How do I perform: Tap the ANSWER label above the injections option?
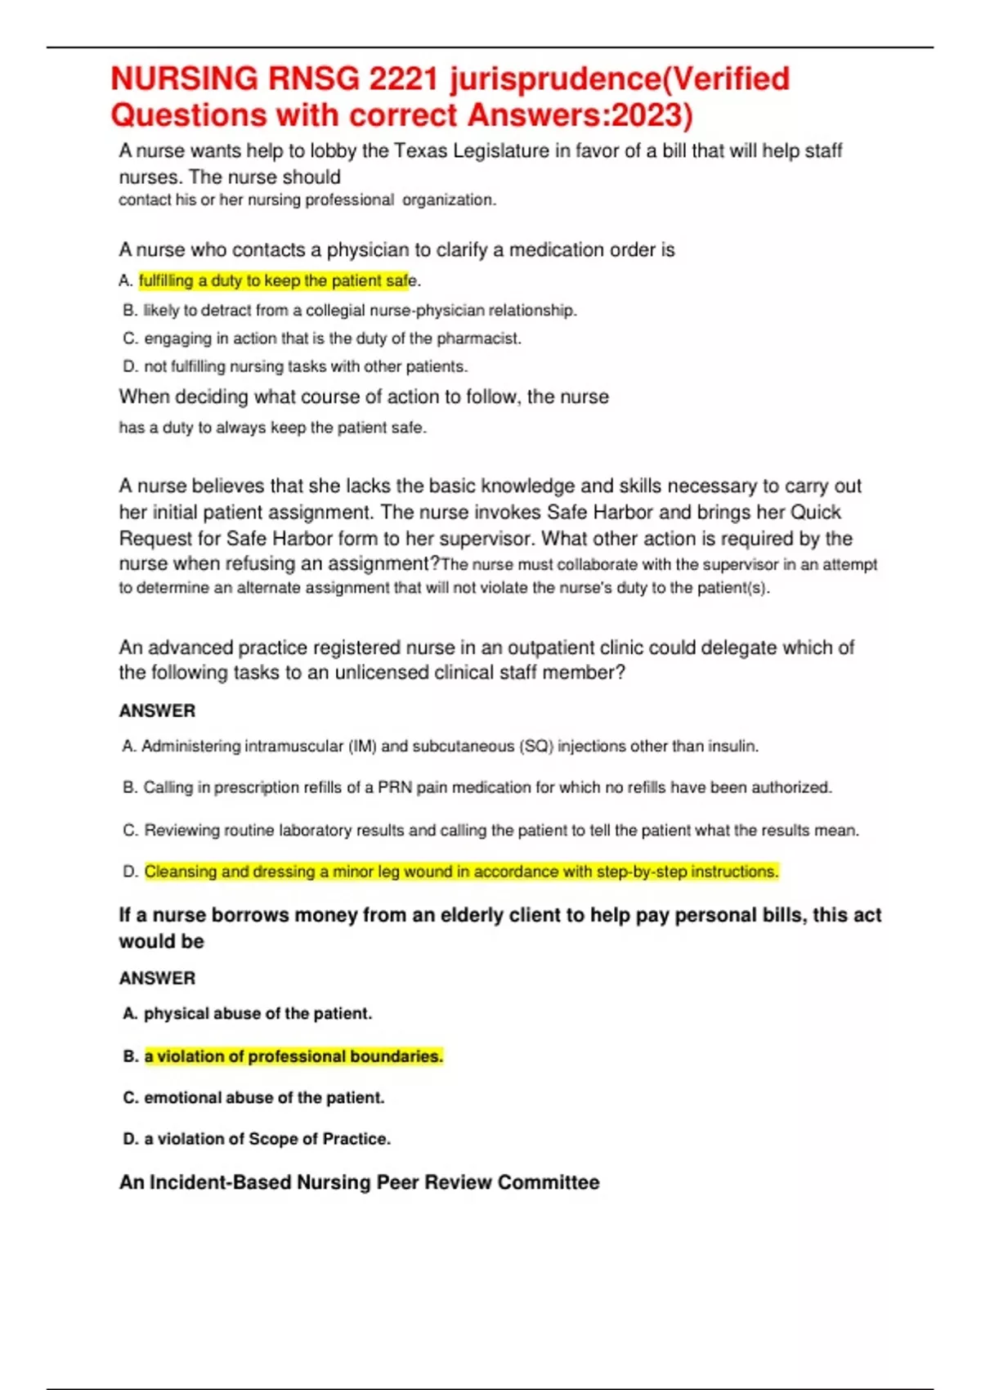click(x=158, y=711)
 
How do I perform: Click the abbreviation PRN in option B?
click(x=394, y=787)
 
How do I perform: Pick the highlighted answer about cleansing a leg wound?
click(x=461, y=872)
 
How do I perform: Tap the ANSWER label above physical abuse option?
click(x=158, y=979)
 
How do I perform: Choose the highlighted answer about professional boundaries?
click(x=293, y=1056)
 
